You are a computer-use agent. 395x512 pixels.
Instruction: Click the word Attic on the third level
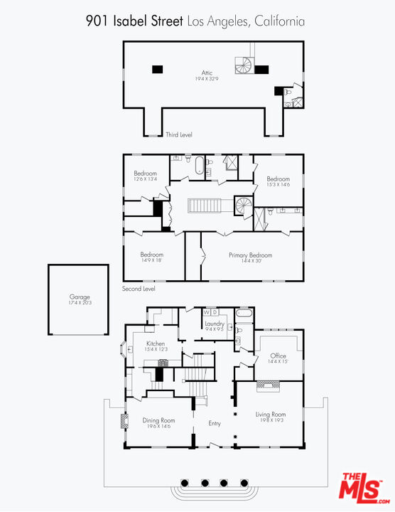click(207, 73)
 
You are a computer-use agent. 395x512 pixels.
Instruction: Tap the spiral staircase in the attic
click(244, 65)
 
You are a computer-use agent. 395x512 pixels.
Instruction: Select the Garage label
click(79, 297)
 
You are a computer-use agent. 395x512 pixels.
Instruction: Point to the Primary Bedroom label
click(250, 255)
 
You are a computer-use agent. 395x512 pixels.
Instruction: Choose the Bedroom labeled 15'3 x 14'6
click(278, 179)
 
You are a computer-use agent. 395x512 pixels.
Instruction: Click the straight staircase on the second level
click(206, 206)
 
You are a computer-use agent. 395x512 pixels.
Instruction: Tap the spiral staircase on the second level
click(243, 208)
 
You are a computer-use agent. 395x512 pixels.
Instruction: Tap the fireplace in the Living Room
click(268, 385)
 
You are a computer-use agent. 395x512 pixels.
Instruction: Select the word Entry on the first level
click(215, 424)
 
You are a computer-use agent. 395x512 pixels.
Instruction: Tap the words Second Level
click(139, 289)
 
